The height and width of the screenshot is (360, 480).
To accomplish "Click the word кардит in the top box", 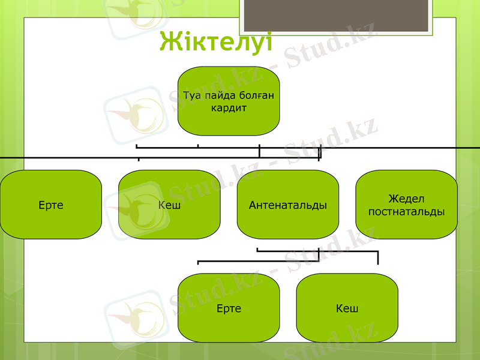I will pos(229,108).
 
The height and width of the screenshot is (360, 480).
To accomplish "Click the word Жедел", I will pos(407,199).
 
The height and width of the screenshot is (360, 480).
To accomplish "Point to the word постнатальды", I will pos(407,212).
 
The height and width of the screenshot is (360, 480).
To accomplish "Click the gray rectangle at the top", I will pos(336,15).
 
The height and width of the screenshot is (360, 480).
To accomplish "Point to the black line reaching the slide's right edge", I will pos(420,146).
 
